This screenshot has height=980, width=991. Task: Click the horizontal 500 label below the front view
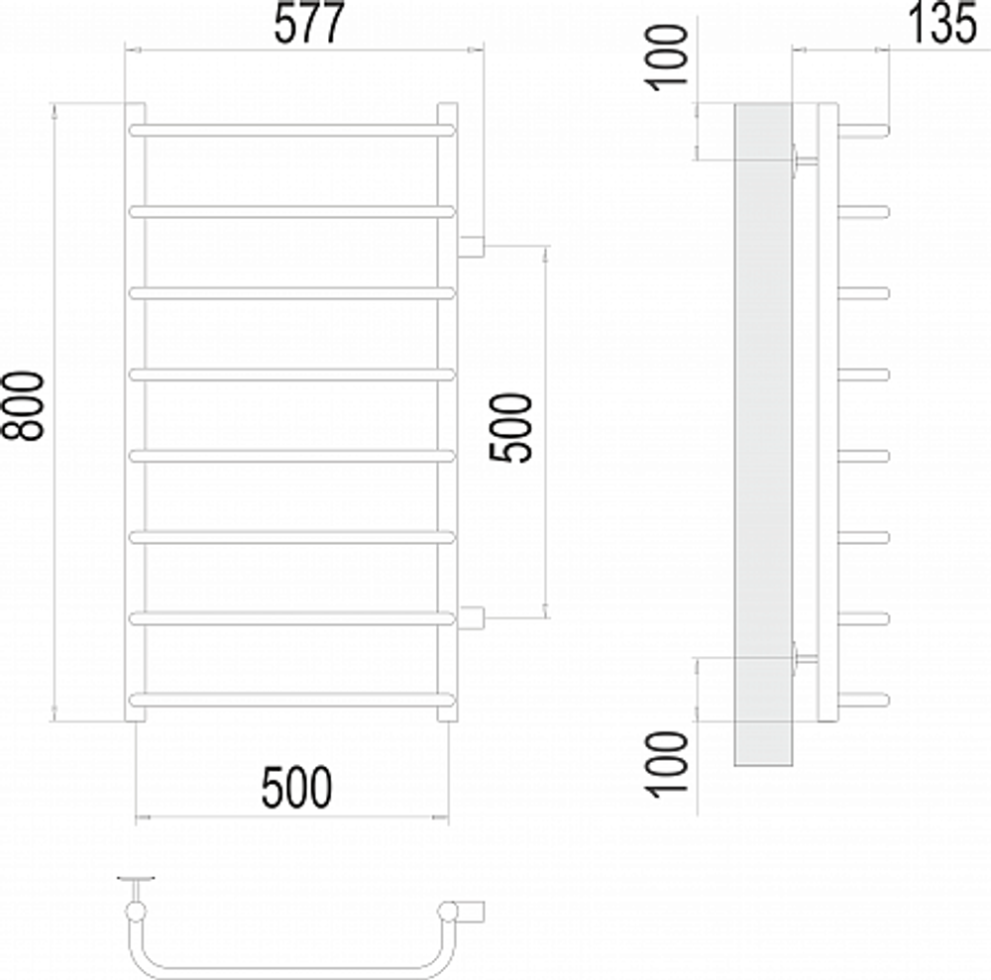(296, 789)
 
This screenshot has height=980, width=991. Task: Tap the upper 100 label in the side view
(671, 56)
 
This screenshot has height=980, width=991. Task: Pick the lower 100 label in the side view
(671, 761)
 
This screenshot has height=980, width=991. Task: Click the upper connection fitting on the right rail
(471, 246)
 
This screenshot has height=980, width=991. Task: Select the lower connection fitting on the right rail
(471, 618)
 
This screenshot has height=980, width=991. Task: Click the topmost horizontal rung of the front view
(292, 129)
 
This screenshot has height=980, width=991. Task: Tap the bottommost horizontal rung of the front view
(292, 700)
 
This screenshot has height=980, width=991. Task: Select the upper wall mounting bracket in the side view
(804, 160)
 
